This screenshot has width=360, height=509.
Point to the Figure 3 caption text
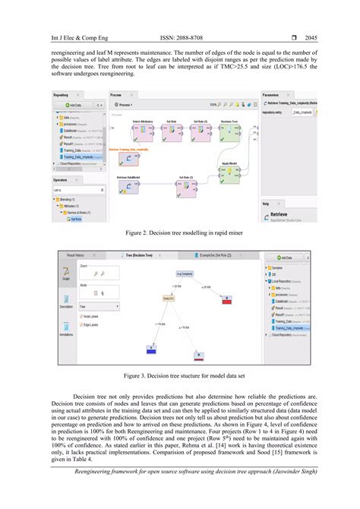point(179,375)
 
